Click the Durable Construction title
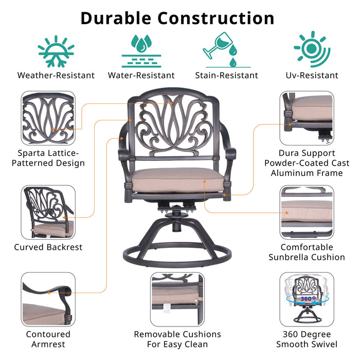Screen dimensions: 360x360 (177, 18)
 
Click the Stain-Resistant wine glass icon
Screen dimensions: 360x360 (226, 50)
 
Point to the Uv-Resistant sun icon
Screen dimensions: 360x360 (312, 49)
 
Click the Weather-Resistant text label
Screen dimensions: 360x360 (56, 76)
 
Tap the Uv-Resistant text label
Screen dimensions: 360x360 (312, 76)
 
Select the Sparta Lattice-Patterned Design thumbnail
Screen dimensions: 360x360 (48, 118)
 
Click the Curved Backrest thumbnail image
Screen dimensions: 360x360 (48, 212)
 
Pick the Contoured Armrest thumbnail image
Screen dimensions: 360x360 (48, 298)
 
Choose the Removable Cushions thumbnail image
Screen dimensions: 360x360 (177, 298)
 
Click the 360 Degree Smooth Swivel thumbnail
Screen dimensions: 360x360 (307, 298)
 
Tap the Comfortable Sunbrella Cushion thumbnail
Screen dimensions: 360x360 (307, 212)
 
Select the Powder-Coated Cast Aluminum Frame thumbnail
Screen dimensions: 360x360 (307, 118)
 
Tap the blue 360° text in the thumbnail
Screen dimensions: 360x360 (307, 298)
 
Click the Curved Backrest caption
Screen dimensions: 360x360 (48, 247)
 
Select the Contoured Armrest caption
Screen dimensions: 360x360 (48, 339)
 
